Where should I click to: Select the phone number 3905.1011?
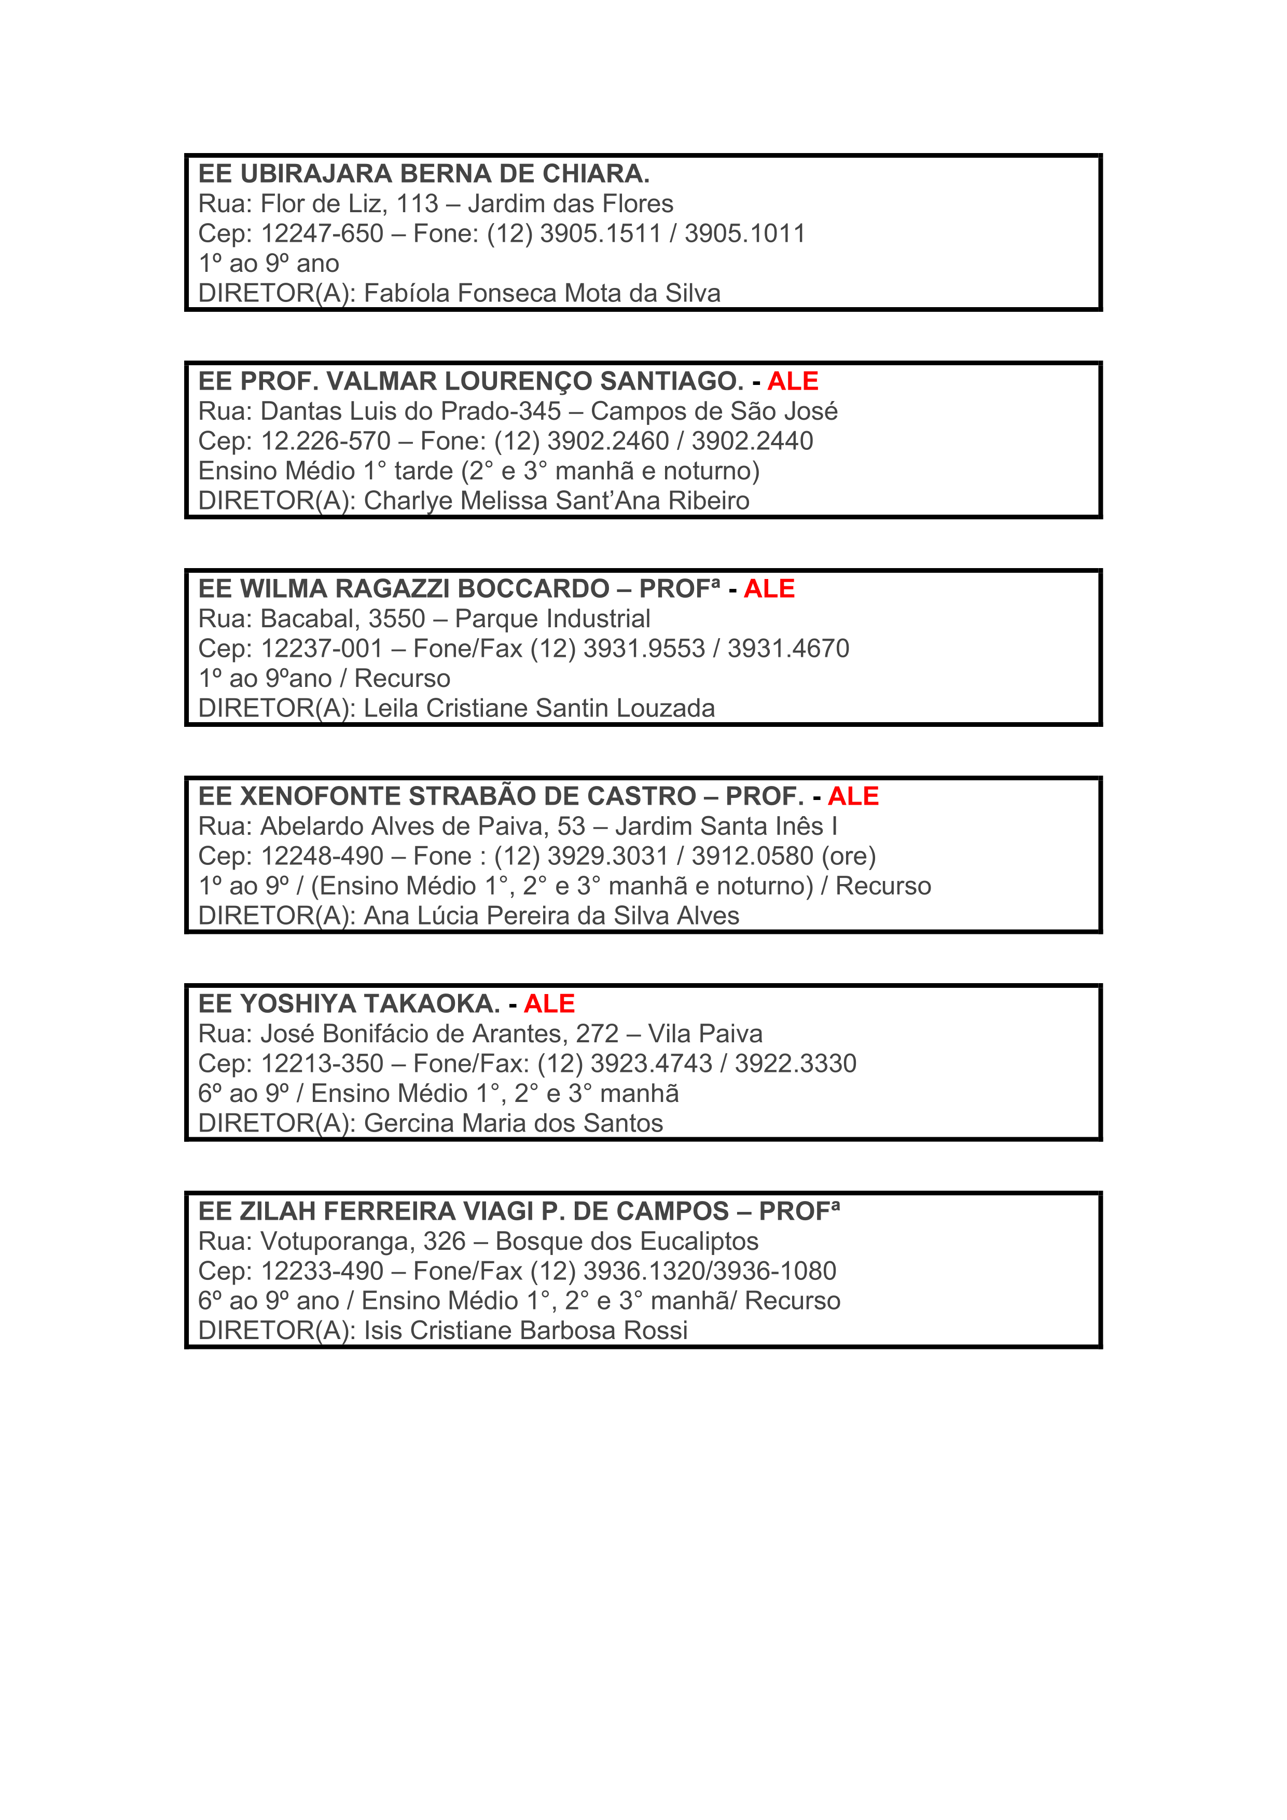pos(745,234)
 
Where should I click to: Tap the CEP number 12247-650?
pos(322,234)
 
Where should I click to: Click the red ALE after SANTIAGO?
pos(793,381)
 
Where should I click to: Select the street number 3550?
pos(396,619)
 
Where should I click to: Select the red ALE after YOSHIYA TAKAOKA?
pos(549,1004)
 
